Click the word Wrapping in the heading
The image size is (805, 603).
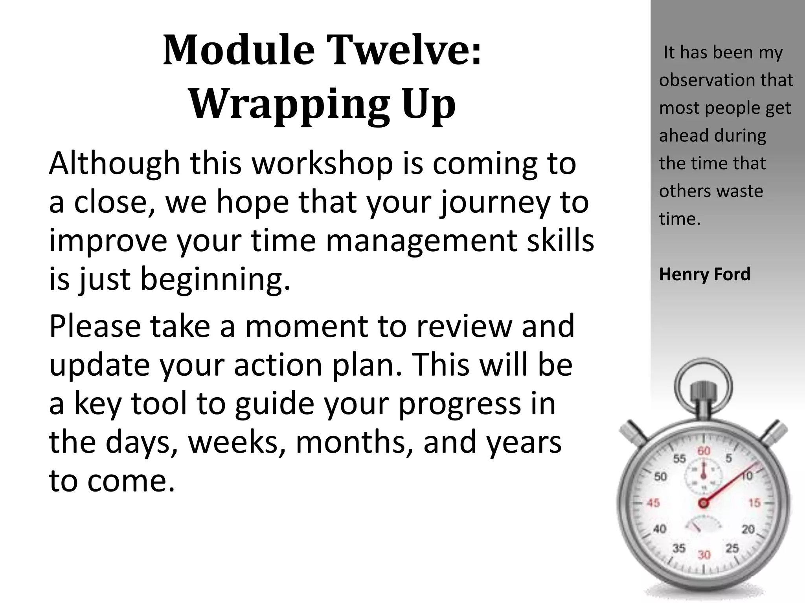(289, 104)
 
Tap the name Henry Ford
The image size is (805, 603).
(704, 274)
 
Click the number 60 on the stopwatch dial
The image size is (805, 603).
(704, 451)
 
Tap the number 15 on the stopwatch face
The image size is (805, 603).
(754, 503)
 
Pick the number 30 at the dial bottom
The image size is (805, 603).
(704, 555)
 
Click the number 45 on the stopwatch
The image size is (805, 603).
(653, 503)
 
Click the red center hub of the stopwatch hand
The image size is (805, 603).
(703, 503)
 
